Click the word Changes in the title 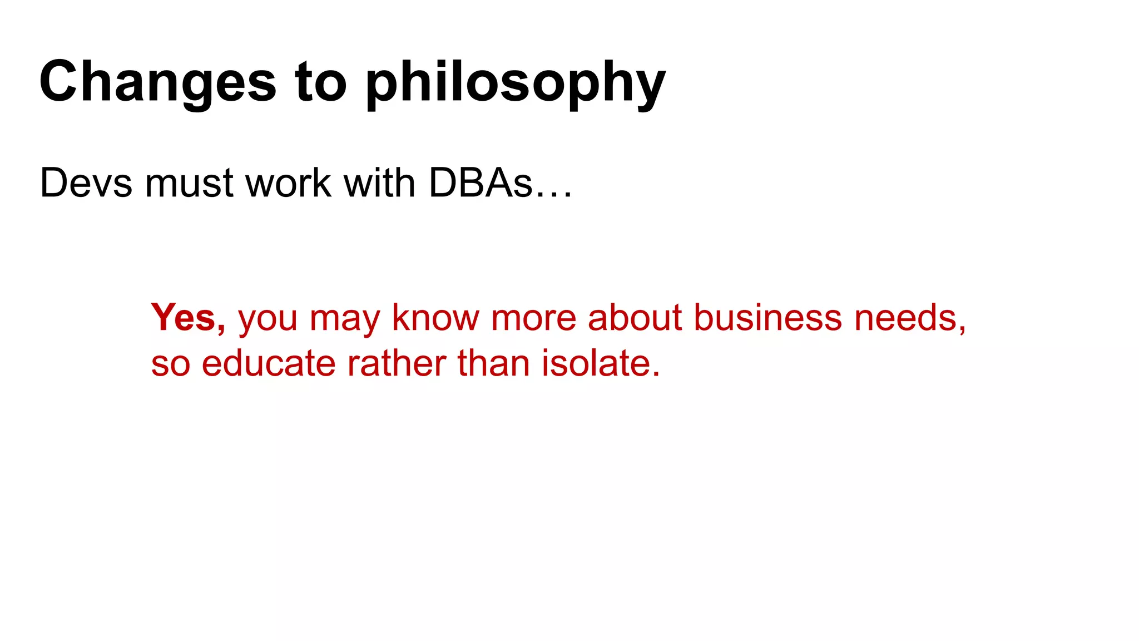(x=157, y=82)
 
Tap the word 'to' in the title (x=321, y=82)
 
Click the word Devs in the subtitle (x=86, y=183)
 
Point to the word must (x=189, y=183)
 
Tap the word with (x=380, y=183)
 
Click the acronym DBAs (x=481, y=183)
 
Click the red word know (x=435, y=318)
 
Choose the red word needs (x=906, y=318)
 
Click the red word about (x=635, y=318)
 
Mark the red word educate (x=269, y=364)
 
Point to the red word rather (x=397, y=364)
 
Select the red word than (x=493, y=364)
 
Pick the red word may (x=344, y=318)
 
